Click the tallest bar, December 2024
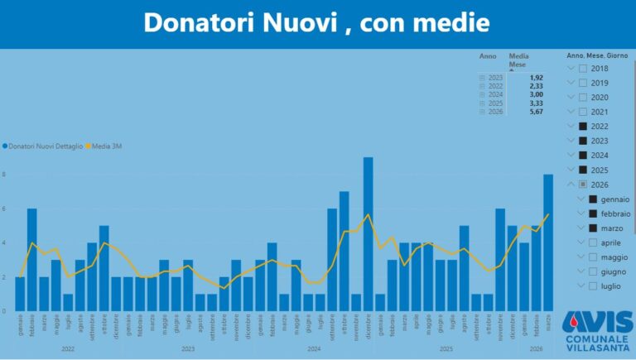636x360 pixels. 368,234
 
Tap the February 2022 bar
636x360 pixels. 31,259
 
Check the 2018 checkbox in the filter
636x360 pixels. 583,69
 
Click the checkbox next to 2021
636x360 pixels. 583,112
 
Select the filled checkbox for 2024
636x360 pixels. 583,156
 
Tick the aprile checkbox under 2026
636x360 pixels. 593,242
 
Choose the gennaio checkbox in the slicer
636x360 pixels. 593,199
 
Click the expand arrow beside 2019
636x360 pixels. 570,83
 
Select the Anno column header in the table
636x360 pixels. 488,56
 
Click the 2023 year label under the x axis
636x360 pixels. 188,349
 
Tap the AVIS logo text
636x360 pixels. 596,323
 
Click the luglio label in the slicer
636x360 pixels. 610,286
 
